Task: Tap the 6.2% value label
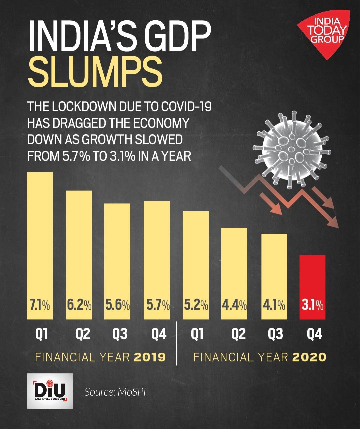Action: pos(79,305)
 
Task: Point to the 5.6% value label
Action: pos(117,305)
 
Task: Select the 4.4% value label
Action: pos(234,305)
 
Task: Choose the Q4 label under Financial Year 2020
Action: pos(314,334)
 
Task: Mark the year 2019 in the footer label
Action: pos(150,357)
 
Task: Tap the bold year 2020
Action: pos(309,357)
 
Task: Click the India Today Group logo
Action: pos(323,33)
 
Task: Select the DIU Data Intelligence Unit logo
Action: pos(50,391)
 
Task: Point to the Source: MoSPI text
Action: pos(115,392)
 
